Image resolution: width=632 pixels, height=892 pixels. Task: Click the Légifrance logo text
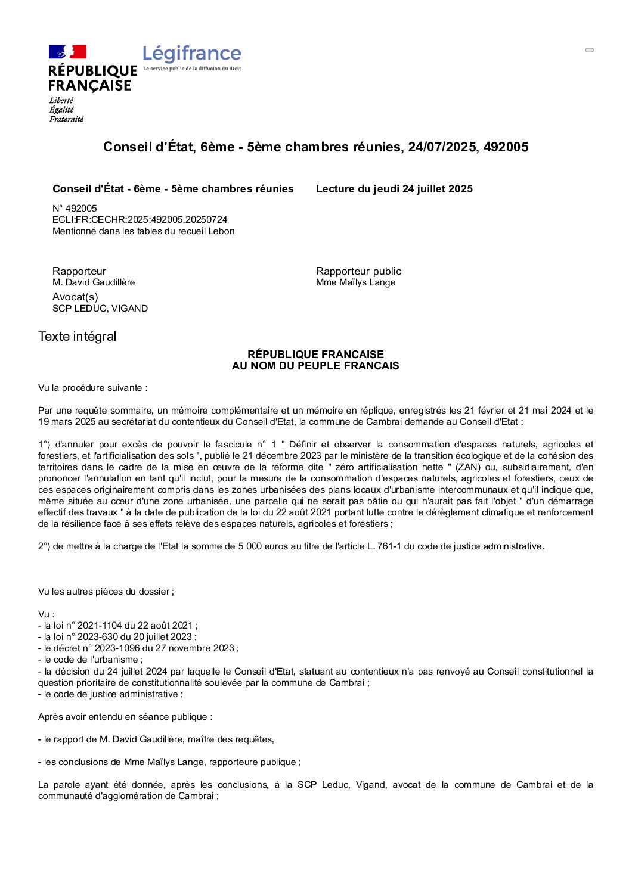tap(191, 54)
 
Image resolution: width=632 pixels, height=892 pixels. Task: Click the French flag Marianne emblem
tap(67, 52)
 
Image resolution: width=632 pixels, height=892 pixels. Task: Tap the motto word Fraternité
tap(66, 119)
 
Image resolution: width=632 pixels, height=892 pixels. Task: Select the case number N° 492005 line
tap(75, 209)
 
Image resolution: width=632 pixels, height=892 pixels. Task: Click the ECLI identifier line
tap(140, 220)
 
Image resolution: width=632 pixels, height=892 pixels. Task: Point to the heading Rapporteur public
tap(358, 271)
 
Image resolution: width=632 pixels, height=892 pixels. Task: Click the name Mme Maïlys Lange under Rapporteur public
tap(355, 282)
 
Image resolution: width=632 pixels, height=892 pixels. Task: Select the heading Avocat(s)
tap(75, 297)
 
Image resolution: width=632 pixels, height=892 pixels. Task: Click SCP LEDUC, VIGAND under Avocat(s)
tap(100, 309)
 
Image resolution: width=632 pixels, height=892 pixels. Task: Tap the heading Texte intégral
tap(78, 337)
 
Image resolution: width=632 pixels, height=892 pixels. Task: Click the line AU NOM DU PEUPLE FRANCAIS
tap(315, 366)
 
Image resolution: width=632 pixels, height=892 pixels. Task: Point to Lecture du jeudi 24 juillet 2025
tap(394, 189)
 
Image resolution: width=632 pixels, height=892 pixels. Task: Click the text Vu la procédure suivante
tap(92, 388)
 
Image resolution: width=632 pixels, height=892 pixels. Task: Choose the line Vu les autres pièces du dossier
tap(106, 592)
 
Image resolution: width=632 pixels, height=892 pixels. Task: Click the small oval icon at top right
tap(590, 50)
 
